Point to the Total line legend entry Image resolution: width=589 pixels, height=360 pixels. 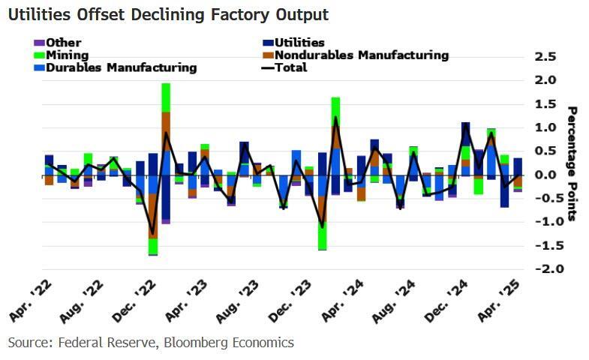coord(290,67)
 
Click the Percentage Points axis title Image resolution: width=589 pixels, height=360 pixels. coord(572,163)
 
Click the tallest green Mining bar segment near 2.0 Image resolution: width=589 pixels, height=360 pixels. coord(166,97)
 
